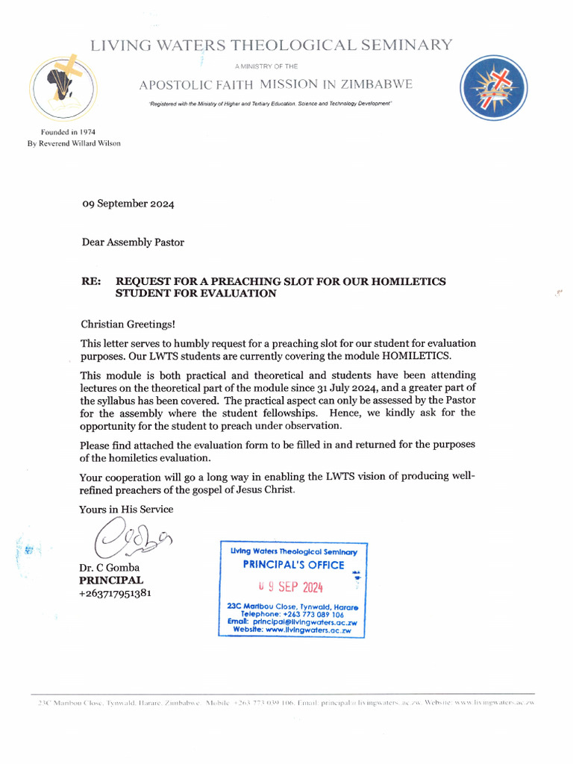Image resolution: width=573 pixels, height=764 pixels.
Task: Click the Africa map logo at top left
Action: pyautogui.click(x=63, y=89)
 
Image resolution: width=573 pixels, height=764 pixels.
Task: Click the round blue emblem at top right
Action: pyautogui.click(x=494, y=88)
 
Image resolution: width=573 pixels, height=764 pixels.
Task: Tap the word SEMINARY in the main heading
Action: pyautogui.click(x=407, y=45)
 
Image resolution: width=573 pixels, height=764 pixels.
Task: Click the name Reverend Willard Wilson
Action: pyautogui.click(x=82, y=143)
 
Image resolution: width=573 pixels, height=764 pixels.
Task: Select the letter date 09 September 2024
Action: pyautogui.click(x=128, y=203)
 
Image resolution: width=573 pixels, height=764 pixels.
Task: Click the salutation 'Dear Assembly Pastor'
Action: pyautogui.click(x=133, y=242)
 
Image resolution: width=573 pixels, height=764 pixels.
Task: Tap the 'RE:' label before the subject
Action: pyautogui.click(x=91, y=281)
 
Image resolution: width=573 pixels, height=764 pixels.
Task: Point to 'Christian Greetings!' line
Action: pyautogui.click(x=127, y=324)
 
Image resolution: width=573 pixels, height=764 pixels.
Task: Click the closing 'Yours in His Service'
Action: pyautogui.click(x=126, y=509)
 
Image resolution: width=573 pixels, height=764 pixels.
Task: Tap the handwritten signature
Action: pyautogui.click(x=131, y=539)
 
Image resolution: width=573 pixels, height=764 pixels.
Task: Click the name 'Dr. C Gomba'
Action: pyautogui.click(x=110, y=568)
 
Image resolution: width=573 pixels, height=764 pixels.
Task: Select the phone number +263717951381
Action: pyautogui.click(x=116, y=593)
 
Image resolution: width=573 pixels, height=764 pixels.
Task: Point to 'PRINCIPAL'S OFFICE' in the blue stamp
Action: pyautogui.click(x=293, y=565)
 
